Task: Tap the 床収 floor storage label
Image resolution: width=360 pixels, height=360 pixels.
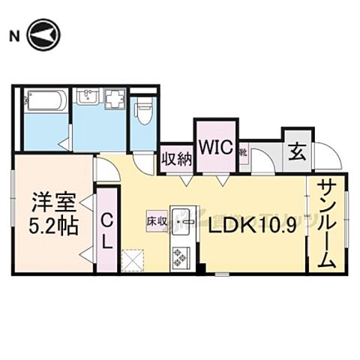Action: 156,222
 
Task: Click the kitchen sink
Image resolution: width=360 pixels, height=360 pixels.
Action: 182,222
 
